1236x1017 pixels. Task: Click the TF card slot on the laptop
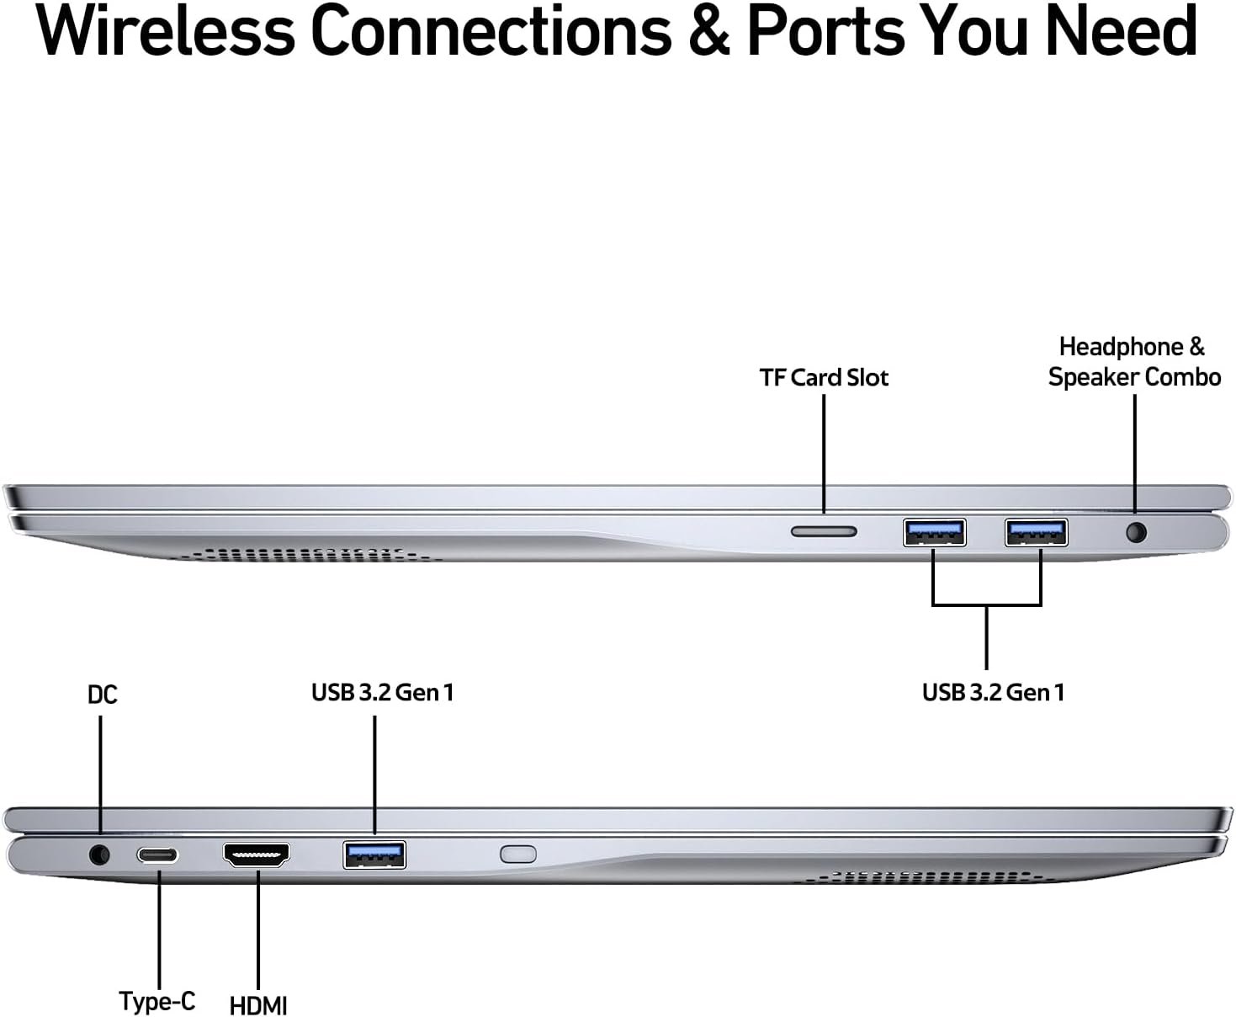pos(824,531)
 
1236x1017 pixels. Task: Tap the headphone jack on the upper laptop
pos(1136,532)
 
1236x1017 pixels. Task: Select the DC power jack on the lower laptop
pos(99,855)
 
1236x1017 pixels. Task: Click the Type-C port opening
pos(158,855)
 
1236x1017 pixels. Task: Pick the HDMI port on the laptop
pos(257,855)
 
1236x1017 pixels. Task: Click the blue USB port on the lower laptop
pos(374,855)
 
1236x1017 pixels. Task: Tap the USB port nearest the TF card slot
pos(934,532)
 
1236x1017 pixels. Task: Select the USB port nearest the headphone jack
pos(1036,532)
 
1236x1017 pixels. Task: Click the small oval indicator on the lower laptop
pos(518,854)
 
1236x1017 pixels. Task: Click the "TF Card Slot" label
pos(824,378)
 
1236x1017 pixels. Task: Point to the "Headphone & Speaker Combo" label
pos(1133,362)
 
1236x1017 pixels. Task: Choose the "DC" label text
pos(103,695)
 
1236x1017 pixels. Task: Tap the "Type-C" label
pos(157,1001)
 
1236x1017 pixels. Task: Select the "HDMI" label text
pos(258,1005)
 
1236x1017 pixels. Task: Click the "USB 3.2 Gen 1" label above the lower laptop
pos(382,692)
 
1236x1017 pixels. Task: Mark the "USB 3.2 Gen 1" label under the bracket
pos(993,692)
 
